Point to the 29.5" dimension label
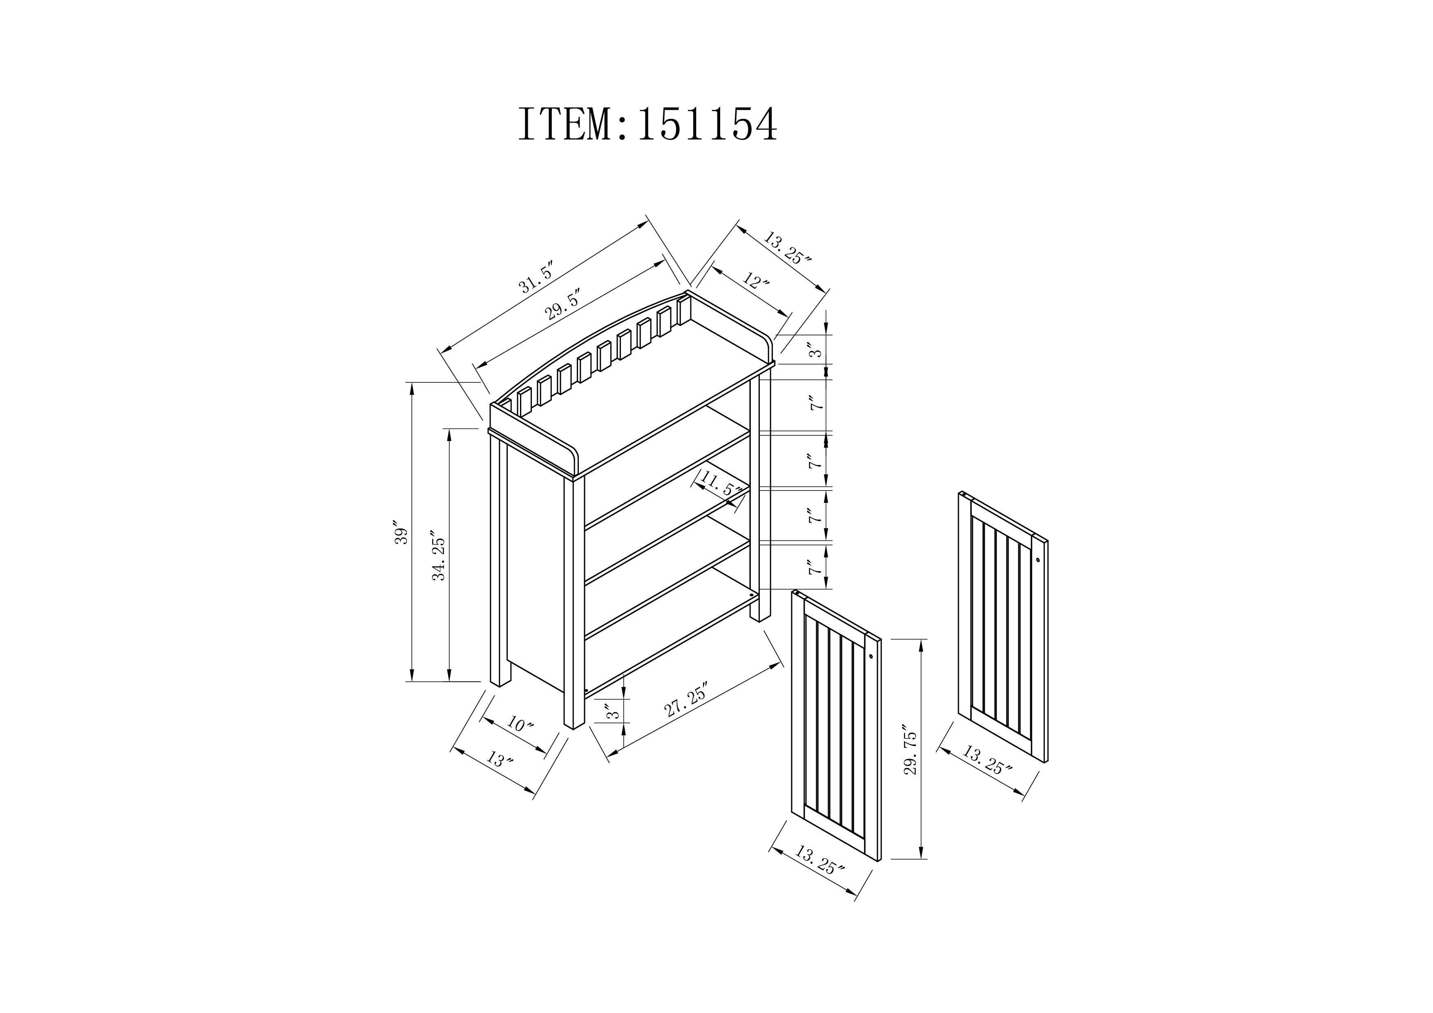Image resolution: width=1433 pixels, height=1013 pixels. [564, 305]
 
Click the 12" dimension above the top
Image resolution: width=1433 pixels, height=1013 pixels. [756, 280]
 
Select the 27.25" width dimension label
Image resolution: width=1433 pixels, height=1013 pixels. [687, 705]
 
